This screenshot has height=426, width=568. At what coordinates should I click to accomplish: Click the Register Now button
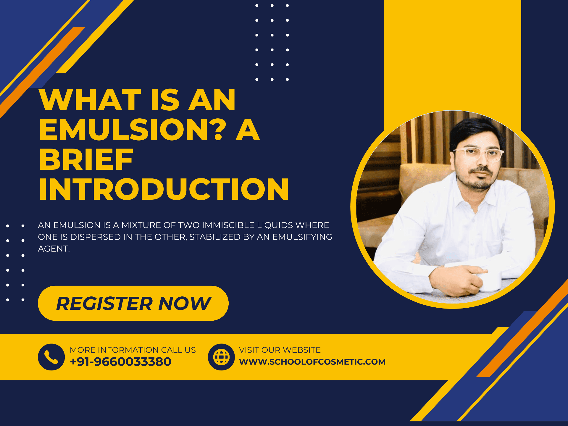point(133,303)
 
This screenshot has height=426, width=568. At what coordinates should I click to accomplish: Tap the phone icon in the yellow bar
point(51,357)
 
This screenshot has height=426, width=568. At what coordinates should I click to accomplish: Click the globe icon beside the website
point(221,357)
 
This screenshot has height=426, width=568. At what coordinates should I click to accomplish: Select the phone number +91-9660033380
point(121,362)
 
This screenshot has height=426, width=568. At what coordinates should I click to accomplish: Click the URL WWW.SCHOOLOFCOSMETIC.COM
point(312,362)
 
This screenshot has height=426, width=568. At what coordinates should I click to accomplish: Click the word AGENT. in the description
point(54,249)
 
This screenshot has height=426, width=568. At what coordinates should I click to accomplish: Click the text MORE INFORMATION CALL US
point(133,350)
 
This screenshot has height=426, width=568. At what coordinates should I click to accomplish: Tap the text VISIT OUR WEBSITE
point(280,350)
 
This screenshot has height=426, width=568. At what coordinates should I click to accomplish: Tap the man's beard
point(479,180)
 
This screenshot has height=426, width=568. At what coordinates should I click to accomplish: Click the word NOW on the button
point(185,303)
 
